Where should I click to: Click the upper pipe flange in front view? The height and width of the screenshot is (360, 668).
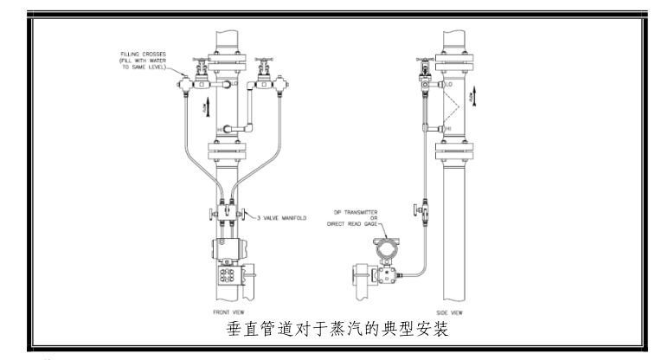tap(224, 65)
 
